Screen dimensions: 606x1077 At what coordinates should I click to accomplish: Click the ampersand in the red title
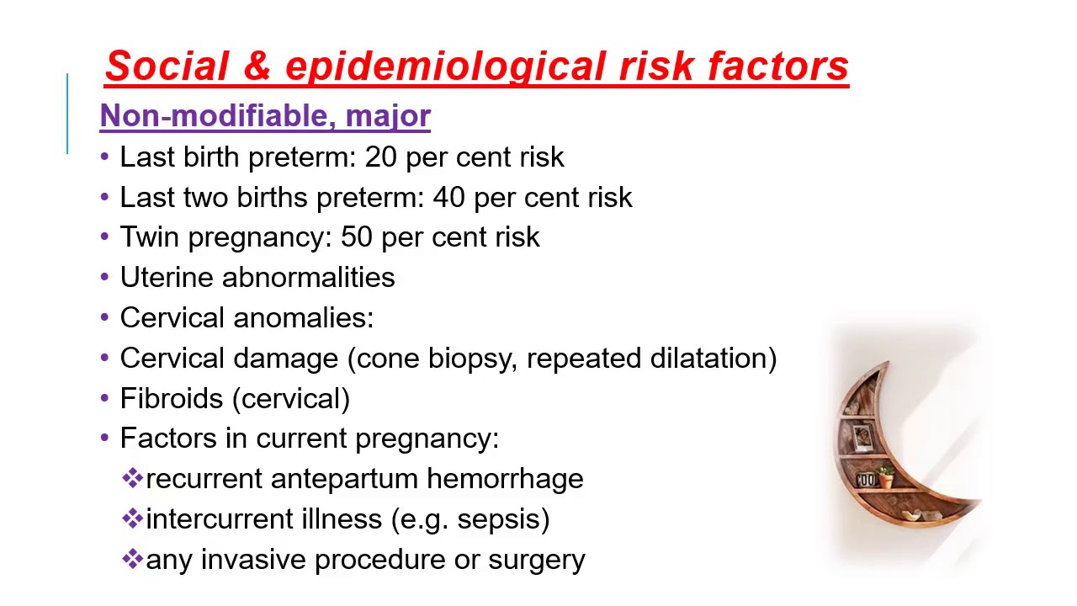[257, 66]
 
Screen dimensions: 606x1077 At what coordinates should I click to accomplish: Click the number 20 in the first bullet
[381, 157]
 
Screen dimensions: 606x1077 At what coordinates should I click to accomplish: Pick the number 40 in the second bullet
[449, 198]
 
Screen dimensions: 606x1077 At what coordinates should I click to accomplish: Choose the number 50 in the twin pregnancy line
[357, 237]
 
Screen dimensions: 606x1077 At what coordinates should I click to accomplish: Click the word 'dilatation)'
[714, 359]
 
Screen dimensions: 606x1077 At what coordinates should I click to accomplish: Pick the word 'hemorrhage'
[505, 479]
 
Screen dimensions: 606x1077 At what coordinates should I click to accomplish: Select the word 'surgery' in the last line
[536, 561]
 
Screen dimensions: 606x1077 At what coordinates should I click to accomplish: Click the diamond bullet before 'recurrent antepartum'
[133, 479]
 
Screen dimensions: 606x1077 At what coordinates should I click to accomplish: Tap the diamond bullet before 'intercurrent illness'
[133, 518]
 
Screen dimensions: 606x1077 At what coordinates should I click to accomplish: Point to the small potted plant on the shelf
[885, 476]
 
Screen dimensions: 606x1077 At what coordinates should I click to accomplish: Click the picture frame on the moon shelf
[862, 437]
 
